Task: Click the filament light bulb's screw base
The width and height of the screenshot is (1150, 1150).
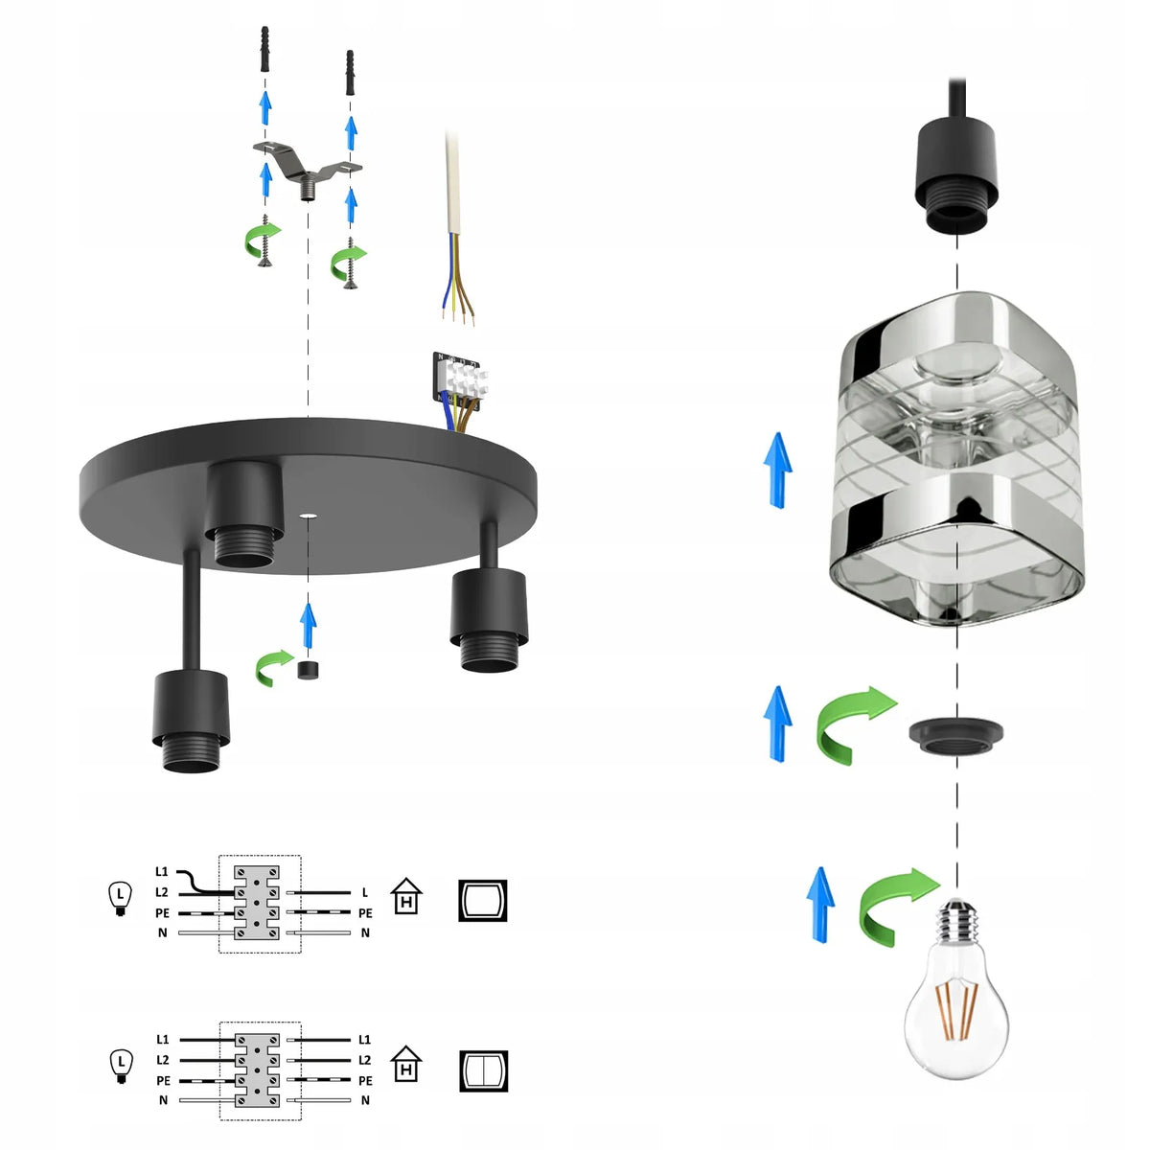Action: [957, 921]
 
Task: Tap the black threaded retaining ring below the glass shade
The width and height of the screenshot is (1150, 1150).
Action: [955, 737]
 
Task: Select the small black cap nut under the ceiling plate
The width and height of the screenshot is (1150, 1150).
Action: [308, 670]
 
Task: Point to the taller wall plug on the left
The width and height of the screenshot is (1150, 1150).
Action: [264, 49]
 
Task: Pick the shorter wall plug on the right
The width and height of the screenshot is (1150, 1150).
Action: [351, 73]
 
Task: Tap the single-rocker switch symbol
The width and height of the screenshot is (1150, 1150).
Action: [482, 901]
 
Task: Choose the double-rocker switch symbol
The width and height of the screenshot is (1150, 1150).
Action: [483, 1071]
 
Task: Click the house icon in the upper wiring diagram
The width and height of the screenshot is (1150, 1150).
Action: [406, 896]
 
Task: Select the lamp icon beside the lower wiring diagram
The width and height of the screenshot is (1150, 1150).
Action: [121, 1067]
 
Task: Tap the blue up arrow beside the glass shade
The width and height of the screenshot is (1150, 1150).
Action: [777, 471]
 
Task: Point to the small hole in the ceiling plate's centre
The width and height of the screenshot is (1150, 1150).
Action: [308, 515]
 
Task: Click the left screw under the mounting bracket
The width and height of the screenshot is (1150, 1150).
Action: [264, 240]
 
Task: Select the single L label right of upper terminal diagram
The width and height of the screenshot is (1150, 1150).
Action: [364, 893]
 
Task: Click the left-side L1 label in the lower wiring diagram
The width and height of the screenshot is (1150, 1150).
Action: [162, 1040]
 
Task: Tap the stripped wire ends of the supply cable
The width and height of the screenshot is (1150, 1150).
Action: [458, 315]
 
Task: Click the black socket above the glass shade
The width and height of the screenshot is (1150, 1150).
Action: [956, 173]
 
